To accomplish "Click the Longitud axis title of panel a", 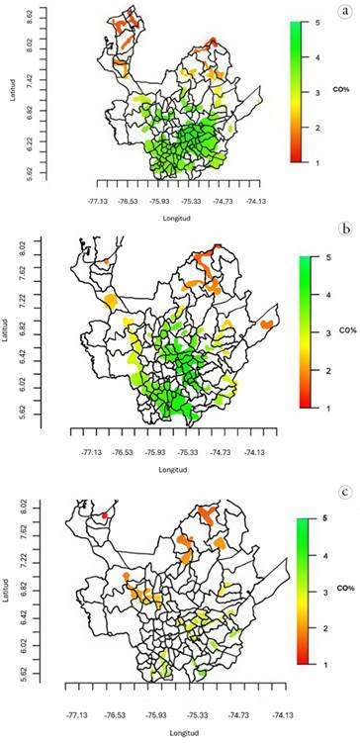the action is pos(176,219).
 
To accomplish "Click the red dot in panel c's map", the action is pos(105,515).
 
